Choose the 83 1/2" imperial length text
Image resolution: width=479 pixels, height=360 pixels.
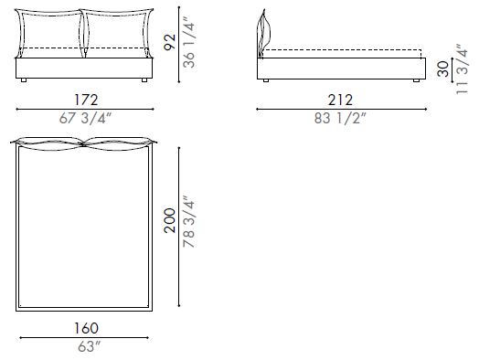339,118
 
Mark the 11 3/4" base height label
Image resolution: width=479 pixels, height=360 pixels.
463,69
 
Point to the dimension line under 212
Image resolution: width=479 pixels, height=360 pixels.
339,109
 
